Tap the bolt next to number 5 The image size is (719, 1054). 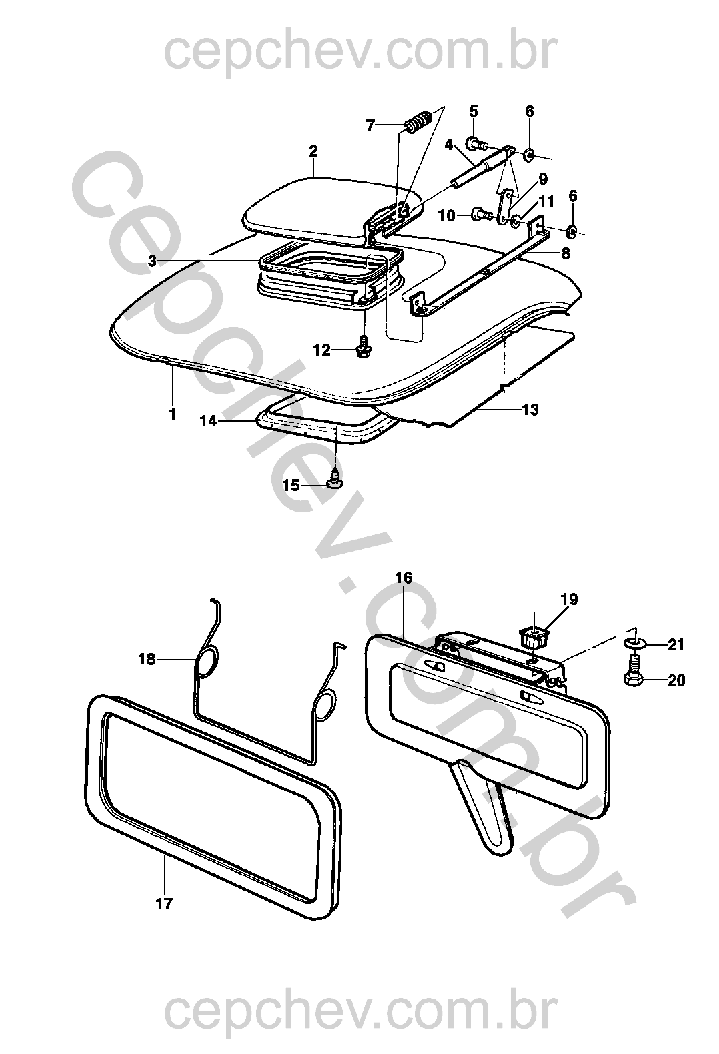(x=476, y=143)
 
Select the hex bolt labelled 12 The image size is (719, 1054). (x=362, y=347)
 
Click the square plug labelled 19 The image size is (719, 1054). (x=532, y=636)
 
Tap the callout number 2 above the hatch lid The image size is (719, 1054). (x=313, y=151)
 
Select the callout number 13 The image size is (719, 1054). (x=530, y=409)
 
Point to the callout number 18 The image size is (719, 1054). (x=147, y=659)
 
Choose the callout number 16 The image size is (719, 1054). (x=404, y=578)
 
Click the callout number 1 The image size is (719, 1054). (x=173, y=414)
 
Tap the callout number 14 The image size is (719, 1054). (x=209, y=421)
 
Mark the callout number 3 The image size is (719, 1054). (x=151, y=261)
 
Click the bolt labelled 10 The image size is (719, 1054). (x=482, y=215)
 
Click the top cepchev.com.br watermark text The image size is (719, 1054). (x=360, y=52)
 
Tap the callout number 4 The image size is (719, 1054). (x=448, y=145)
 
